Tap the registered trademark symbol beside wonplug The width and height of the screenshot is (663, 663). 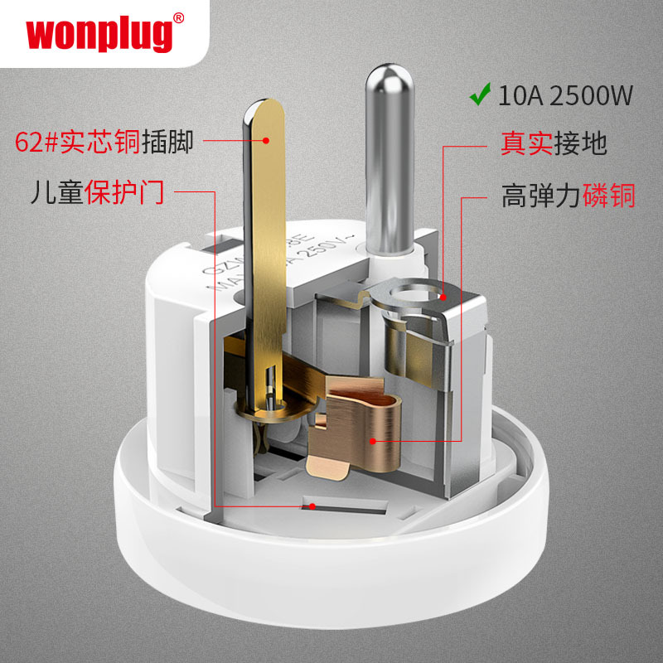(x=180, y=17)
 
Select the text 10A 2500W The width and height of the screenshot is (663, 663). (x=564, y=96)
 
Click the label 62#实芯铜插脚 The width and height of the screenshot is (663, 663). (x=104, y=142)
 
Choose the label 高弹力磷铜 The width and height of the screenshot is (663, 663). (x=568, y=196)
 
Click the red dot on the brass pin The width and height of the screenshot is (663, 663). (x=266, y=142)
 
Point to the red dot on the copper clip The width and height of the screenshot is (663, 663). (x=387, y=444)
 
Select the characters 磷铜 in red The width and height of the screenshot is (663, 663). (x=609, y=196)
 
